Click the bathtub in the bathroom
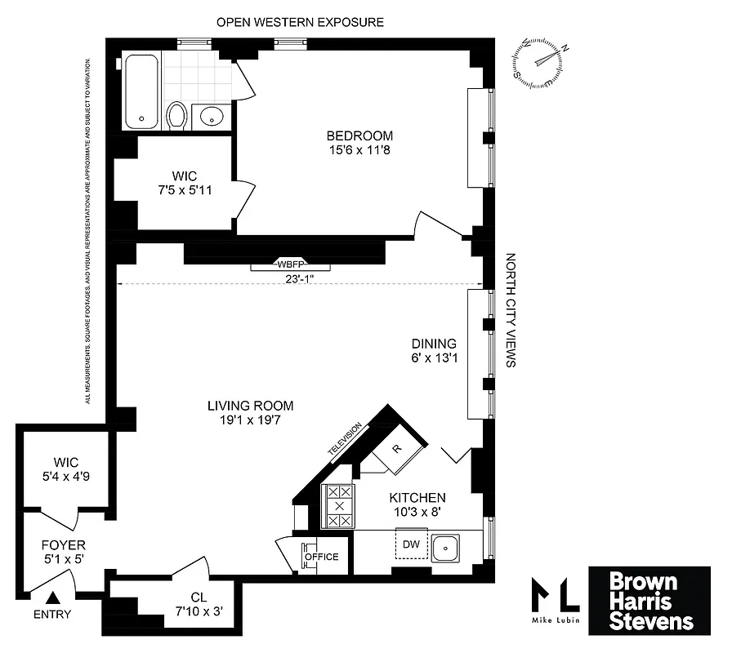(x=141, y=91)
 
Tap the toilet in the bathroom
(x=176, y=116)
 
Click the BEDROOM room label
(x=359, y=135)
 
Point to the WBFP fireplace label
(x=291, y=264)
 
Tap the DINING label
(x=434, y=344)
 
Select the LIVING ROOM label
(x=250, y=406)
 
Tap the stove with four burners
(x=339, y=505)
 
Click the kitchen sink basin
(x=447, y=549)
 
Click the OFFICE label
(x=321, y=557)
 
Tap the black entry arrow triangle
(x=55, y=599)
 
